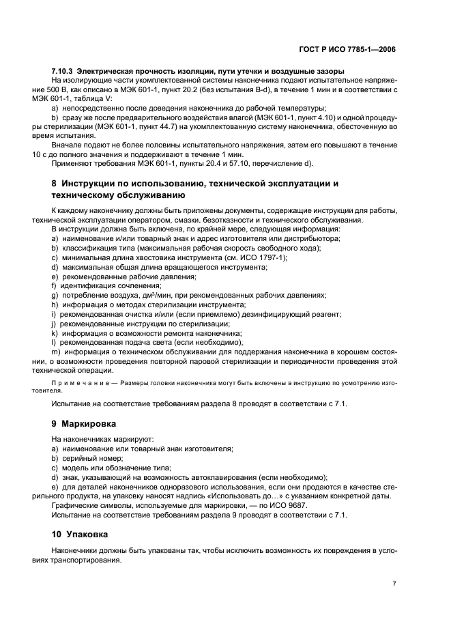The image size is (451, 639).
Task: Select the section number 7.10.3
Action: click(63, 71)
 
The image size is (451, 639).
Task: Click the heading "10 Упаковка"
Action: click(82, 533)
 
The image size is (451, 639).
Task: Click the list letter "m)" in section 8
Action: click(56, 352)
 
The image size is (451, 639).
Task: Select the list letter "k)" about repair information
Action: click(54, 333)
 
